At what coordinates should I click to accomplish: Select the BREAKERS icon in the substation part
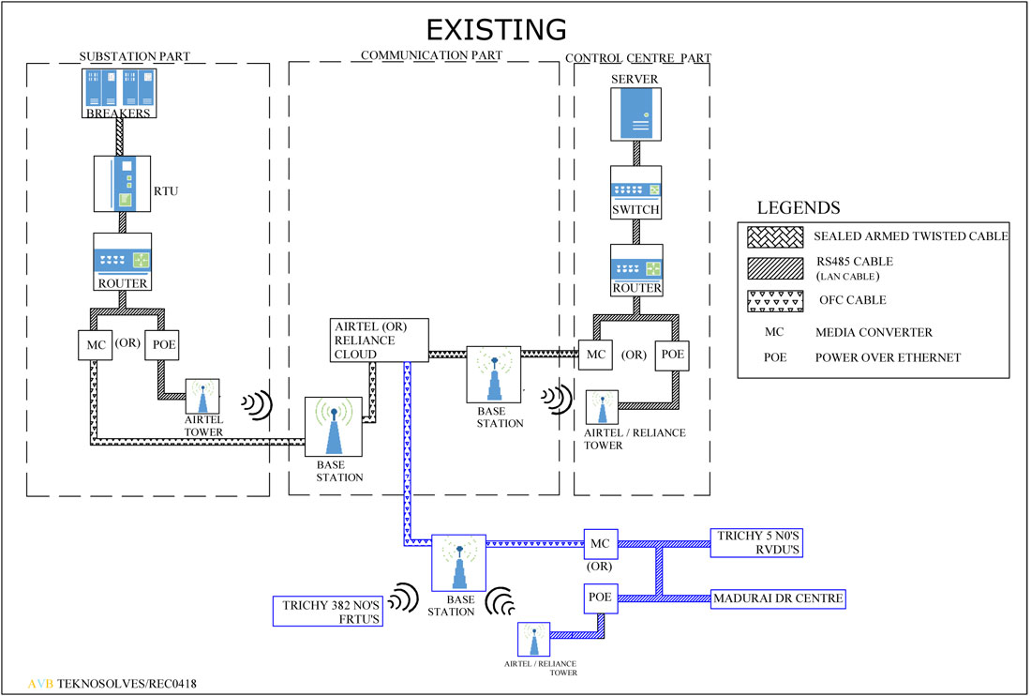[118, 93]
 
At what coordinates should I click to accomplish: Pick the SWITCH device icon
[635, 192]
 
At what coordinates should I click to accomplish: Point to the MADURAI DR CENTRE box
[779, 598]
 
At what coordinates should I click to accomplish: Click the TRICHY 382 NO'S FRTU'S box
[328, 612]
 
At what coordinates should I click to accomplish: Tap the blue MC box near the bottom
[600, 543]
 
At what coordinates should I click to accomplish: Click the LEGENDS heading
[798, 207]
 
